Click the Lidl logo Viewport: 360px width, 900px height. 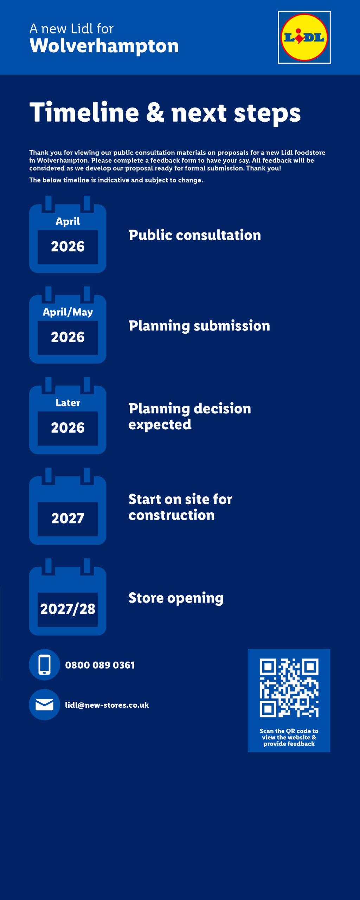tap(304, 37)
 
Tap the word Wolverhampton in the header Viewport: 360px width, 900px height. tap(104, 46)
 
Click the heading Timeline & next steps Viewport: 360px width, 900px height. tap(165, 112)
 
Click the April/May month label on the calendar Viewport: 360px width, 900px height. tap(68, 312)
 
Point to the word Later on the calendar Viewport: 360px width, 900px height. tap(68, 403)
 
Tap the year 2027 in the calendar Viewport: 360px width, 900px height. tap(68, 518)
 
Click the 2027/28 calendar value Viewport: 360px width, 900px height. tap(68, 609)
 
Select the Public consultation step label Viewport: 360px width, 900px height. tap(194, 235)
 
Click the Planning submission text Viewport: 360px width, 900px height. tap(199, 326)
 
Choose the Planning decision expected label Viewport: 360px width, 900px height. tap(189, 417)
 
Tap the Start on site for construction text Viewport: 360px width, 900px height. tap(180, 507)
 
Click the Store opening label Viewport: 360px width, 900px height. tap(176, 598)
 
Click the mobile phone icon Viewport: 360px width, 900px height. tap(45, 665)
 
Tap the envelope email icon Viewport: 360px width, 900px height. tap(45, 705)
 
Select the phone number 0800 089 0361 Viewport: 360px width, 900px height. tap(100, 665)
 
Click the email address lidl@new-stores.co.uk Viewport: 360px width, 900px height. tap(107, 705)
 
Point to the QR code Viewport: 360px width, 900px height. tap(289, 688)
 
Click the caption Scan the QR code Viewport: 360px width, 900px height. tap(289, 737)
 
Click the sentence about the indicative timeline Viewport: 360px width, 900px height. tap(116, 180)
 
